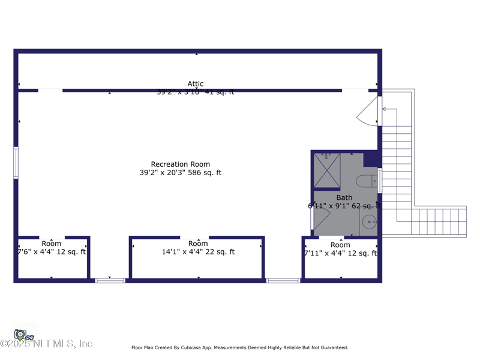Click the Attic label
coord(196,84)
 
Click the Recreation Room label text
coord(180,164)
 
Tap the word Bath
coord(344,197)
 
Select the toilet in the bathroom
coord(365,181)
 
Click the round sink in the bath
coord(369,221)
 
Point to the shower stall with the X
coord(327,170)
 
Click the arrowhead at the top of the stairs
coord(384,109)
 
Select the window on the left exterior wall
coord(16,163)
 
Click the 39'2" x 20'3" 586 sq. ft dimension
coord(180,173)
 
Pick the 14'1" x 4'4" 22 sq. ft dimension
coord(198,252)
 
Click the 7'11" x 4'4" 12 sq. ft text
coord(340,253)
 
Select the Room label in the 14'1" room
coord(198,244)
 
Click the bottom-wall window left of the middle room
coord(110,280)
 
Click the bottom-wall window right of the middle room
coord(283,280)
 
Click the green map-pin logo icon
coord(20,334)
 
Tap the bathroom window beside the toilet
coord(379,181)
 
